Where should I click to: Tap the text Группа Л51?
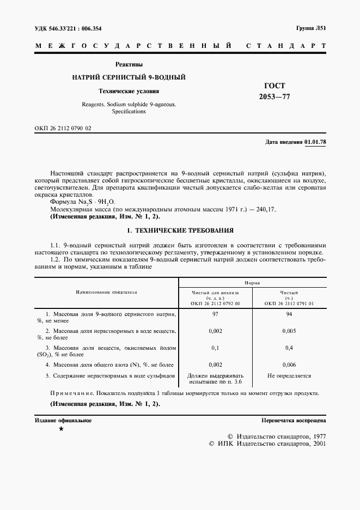tap(310, 28)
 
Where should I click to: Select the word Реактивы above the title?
tap(129, 64)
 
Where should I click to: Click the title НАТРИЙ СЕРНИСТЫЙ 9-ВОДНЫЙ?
tap(129, 77)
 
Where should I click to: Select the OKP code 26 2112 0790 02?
tap(63, 127)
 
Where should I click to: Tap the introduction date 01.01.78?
tap(315, 142)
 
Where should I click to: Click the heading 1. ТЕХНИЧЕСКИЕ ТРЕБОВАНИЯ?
tap(180, 230)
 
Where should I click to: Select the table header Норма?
tap(252, 283)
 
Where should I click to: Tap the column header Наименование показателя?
tap(107, 292)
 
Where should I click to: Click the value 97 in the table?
tap(215, 315)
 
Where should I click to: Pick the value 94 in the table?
tap(289, 315)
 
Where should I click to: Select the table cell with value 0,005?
tap(289, 331)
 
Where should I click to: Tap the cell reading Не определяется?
tap(289, 375)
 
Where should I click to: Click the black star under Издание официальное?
tap(61, 429)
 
